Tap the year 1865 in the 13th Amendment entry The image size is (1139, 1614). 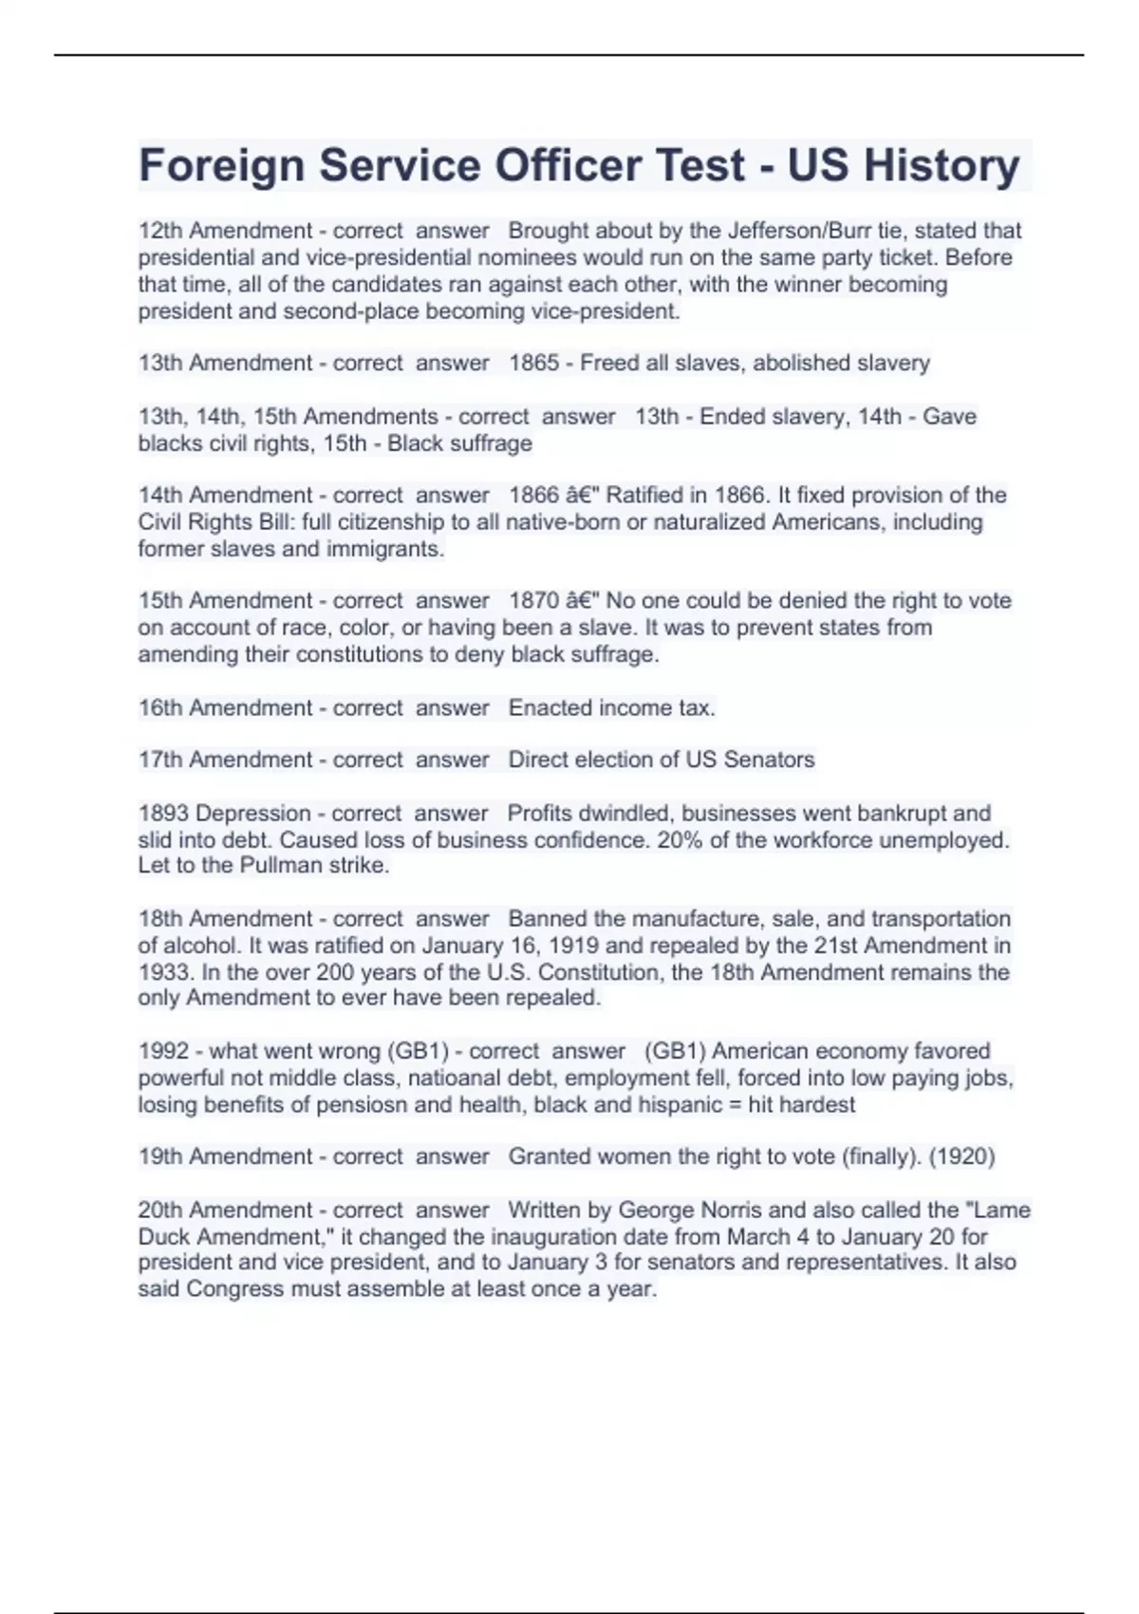tap(534, 363)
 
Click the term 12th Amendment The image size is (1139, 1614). tap(225, 231)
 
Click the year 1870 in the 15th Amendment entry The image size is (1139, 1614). tap(534, 601)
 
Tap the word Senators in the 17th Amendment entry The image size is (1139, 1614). tap(769, 760)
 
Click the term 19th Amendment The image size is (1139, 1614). tap(225, 1156)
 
